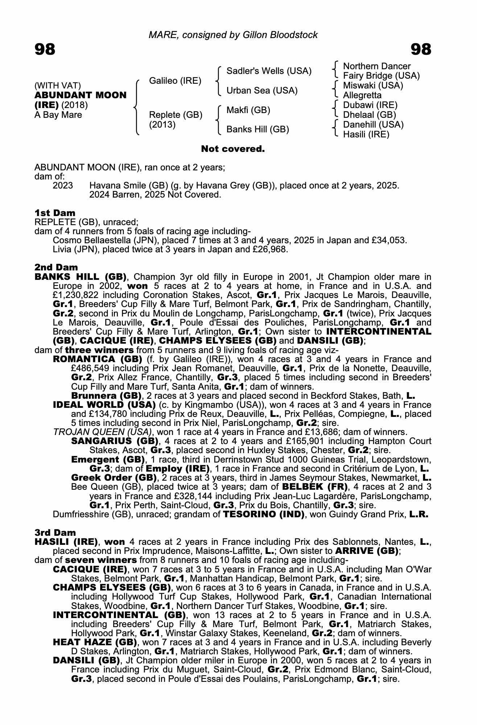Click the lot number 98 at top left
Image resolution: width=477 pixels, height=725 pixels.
pos(45,49)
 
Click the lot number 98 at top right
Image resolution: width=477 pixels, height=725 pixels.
pos(421,49)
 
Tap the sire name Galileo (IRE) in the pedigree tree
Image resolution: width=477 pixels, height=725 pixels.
pos(175,81)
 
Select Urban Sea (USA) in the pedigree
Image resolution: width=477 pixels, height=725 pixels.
pos(262,91)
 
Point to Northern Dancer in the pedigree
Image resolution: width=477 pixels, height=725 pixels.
pos(377,66)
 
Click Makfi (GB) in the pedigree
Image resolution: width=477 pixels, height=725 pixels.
pos(248,110)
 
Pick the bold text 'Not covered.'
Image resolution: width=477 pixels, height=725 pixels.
pos(233,149)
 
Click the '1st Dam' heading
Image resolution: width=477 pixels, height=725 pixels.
pos(55,213)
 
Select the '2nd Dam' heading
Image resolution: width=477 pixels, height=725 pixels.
pos(56,268)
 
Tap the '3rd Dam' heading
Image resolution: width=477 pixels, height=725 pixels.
pos(55,533)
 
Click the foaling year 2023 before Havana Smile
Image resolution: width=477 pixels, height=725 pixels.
pos(63,186)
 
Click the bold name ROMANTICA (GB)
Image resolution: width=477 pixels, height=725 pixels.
pos(98,359)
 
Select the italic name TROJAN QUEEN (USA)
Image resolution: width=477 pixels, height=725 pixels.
pos(102,432)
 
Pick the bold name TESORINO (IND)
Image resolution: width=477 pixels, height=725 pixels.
pos(264,514)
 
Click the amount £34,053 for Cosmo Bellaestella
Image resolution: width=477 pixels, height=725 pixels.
pos(388,240)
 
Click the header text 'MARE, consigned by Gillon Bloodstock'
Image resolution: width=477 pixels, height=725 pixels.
pos(233,35)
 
